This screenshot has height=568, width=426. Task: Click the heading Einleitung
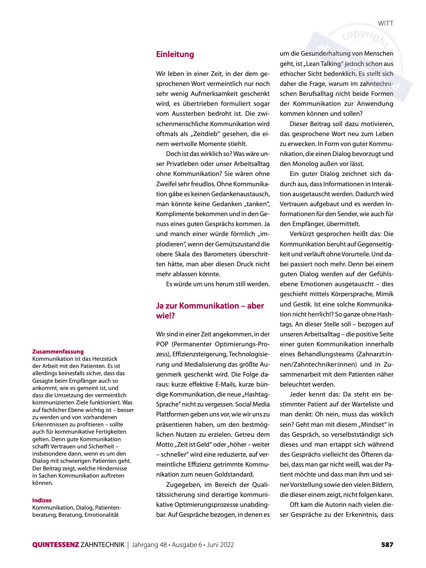175,54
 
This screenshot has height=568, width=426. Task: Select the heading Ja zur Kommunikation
210,306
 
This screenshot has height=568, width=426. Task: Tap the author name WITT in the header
385,23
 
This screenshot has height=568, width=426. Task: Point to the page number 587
387,545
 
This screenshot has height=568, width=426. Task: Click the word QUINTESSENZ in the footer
56,545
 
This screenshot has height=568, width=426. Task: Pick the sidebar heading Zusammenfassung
58,352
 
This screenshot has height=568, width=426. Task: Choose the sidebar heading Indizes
42,500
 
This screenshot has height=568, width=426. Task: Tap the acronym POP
162,344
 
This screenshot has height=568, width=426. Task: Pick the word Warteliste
361,404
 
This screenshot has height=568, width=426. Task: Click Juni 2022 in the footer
221,545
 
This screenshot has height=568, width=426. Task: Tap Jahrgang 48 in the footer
149,545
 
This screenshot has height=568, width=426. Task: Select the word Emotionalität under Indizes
101,515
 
